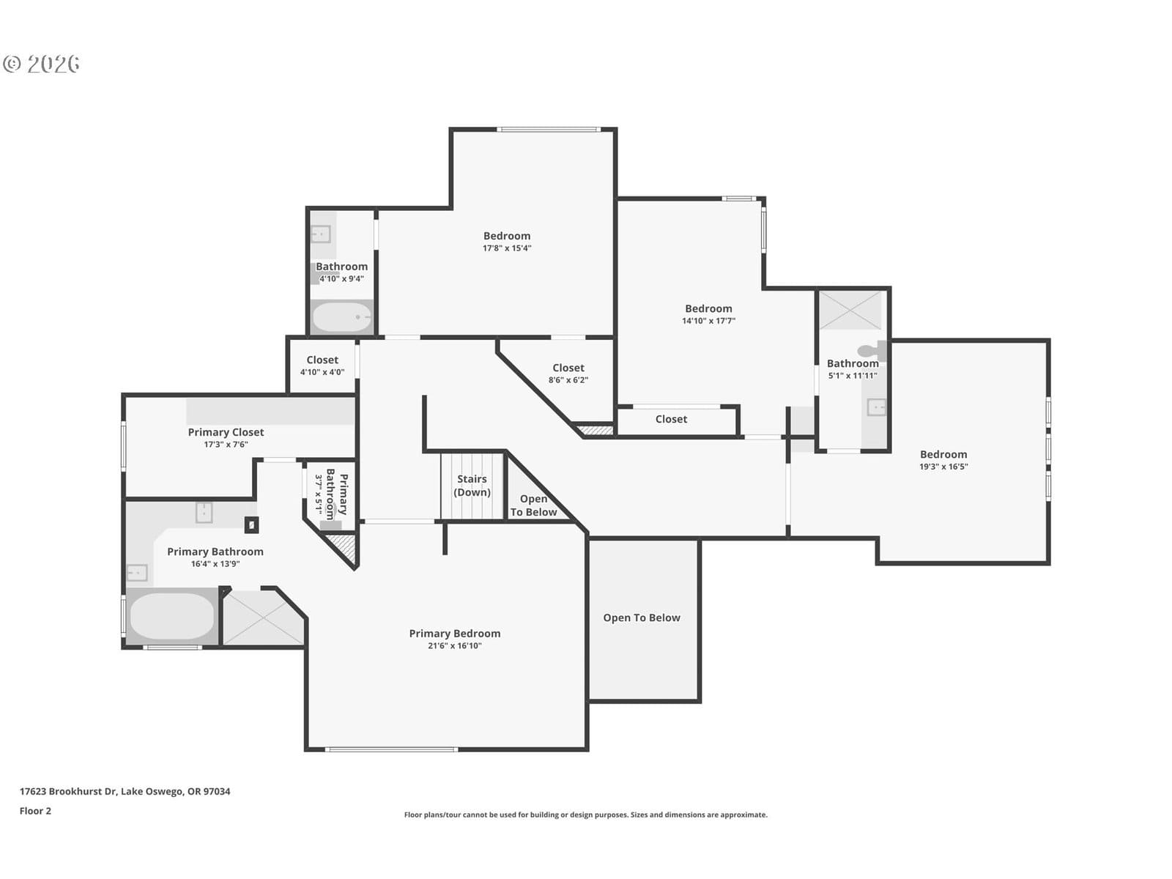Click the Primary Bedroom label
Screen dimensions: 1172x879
click(x=454, y=634)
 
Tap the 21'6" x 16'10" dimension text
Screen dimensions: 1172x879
click(x=454, y=646)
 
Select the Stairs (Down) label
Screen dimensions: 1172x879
click(x=472, y=486)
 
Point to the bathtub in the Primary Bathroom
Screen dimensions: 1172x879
click(x=172, y=617)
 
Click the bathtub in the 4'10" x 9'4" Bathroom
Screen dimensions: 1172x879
click(x=342, y=317)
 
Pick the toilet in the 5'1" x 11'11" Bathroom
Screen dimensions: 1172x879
click(x=872, y=350)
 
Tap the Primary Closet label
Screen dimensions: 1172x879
click(x=226, y=432)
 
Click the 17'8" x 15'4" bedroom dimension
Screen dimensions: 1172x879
click(x=507, y=248)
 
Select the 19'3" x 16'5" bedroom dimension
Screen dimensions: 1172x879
click(x=943, y=467)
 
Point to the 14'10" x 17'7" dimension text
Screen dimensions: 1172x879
click(x=708, y=321)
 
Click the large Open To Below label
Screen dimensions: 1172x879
click(x=642, y=617)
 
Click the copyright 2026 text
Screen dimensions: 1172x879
click(x=41, y=64)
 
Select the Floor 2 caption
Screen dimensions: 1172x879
click(x=35, y=811)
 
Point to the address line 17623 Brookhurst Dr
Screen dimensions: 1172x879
click(x=125, y=792)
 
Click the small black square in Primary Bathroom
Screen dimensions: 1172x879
click(x=251, y=525)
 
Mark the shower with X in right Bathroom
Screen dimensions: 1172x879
click(x=850, y=310)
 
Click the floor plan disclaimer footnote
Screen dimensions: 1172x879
click(x=586, y=815)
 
